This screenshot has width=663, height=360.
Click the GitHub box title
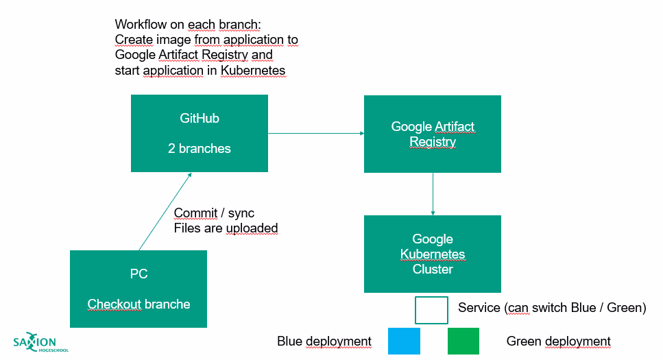[200, 119]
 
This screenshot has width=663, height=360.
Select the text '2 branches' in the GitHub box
[200, 148]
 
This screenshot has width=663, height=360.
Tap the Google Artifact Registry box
[432, 134]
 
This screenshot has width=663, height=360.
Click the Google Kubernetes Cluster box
[432, 254]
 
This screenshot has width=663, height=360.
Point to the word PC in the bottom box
[138, 274]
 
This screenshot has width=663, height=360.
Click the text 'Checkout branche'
[138, 304]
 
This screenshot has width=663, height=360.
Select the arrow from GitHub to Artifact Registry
[315, 133]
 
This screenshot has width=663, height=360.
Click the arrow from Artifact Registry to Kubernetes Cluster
[433, 194]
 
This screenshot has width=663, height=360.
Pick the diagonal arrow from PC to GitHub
[165, 211]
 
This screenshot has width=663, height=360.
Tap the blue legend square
[404, 341]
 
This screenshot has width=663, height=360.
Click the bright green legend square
[463, 341]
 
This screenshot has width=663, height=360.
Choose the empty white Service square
[431, 309]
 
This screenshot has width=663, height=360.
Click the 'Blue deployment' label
[324, 341]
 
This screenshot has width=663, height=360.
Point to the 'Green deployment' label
[558, 341]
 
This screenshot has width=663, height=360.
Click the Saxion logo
[40, 344]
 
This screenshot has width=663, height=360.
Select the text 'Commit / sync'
[214, 213]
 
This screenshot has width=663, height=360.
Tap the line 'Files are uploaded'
[226, 228]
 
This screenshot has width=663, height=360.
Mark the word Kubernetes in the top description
[253, 71]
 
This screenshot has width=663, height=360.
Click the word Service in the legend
[479, 308]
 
